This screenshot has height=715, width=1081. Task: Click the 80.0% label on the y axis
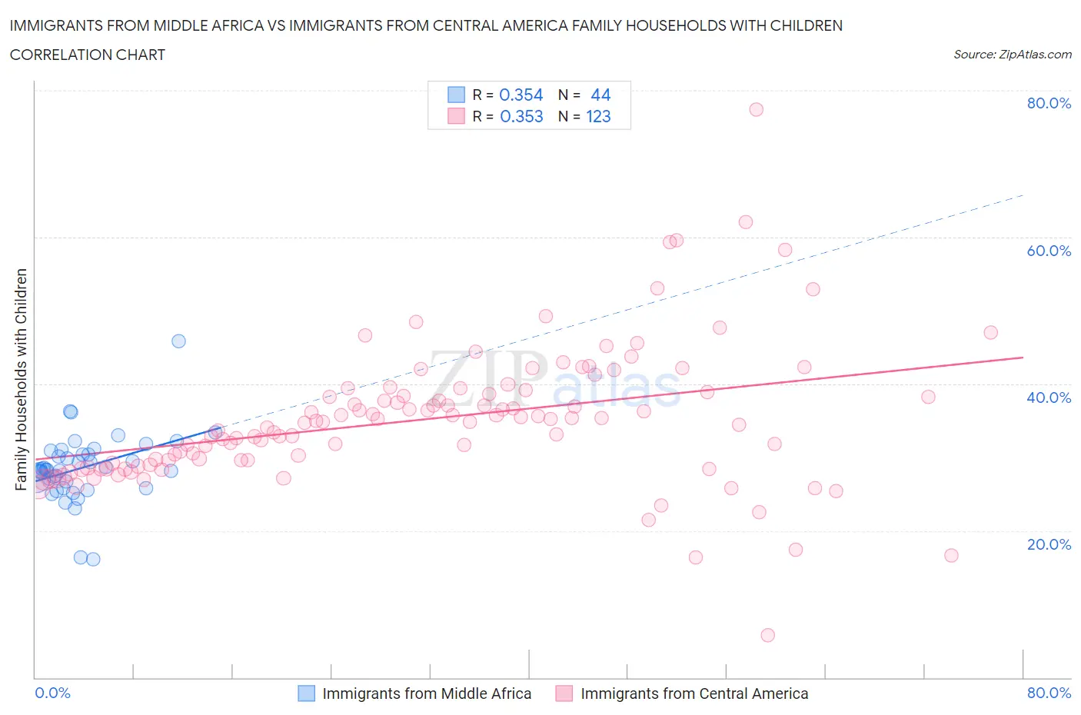pos(1049,103)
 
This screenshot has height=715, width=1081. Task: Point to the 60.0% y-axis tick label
pos(1049,251)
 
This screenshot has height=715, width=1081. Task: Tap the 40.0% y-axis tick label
pos(1049,397)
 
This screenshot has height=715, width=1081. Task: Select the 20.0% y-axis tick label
pos(1049,544)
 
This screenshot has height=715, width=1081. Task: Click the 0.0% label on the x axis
pos(52,693)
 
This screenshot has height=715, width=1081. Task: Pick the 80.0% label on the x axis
pos(1049,693)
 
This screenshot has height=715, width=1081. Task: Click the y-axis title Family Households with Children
pos(21,379)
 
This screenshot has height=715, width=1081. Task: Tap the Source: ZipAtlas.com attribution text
pos(1012,55)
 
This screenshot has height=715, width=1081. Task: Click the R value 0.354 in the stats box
pos(521,95)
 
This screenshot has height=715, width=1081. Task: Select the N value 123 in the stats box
pos(598,116)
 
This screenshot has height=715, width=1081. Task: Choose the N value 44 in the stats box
pos(600,95)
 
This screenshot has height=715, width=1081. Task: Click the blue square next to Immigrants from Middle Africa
pos(306,693)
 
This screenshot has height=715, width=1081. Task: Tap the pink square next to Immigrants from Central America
pos(564,693)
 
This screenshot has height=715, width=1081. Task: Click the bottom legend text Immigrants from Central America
pos(694,693)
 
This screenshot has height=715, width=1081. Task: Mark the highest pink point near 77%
pos(756,109)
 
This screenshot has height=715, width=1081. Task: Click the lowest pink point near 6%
pos(767,635)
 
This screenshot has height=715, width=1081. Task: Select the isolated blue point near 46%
pos(178,341)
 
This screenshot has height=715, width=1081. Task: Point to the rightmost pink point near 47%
pos(990,332)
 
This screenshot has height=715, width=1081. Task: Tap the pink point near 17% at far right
pos(951,555)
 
